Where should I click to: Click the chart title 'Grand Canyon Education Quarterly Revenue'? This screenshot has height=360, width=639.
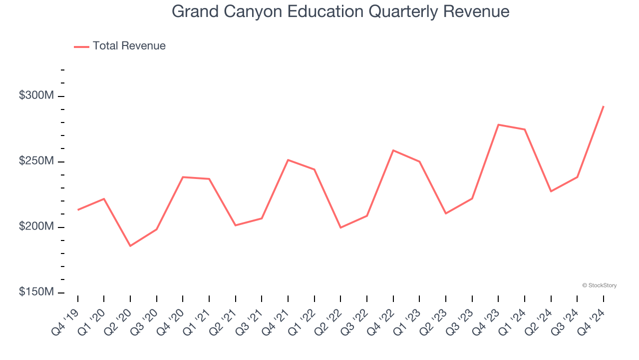[340, 11]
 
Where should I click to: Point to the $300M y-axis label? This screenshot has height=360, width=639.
[36, 95]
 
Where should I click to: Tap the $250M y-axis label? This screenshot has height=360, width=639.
[36, 160]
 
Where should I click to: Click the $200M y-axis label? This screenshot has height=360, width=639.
[36, 226]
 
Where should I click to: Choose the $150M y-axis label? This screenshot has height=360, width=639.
[36, 291]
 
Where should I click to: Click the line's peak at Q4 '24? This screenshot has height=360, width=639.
[603, 106]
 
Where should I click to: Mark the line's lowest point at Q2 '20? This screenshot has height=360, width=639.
[130, 246]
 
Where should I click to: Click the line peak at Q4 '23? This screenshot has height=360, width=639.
[498, 124]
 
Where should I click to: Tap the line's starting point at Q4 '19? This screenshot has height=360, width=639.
[78, 209]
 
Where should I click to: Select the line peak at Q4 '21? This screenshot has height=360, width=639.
[288, 160]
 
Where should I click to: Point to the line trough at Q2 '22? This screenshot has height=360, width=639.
[340, 227]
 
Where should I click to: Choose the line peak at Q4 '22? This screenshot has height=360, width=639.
[393, 150]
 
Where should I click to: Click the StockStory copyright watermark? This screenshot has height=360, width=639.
[599, 285]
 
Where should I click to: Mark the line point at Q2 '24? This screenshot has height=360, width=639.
[551, 191]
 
